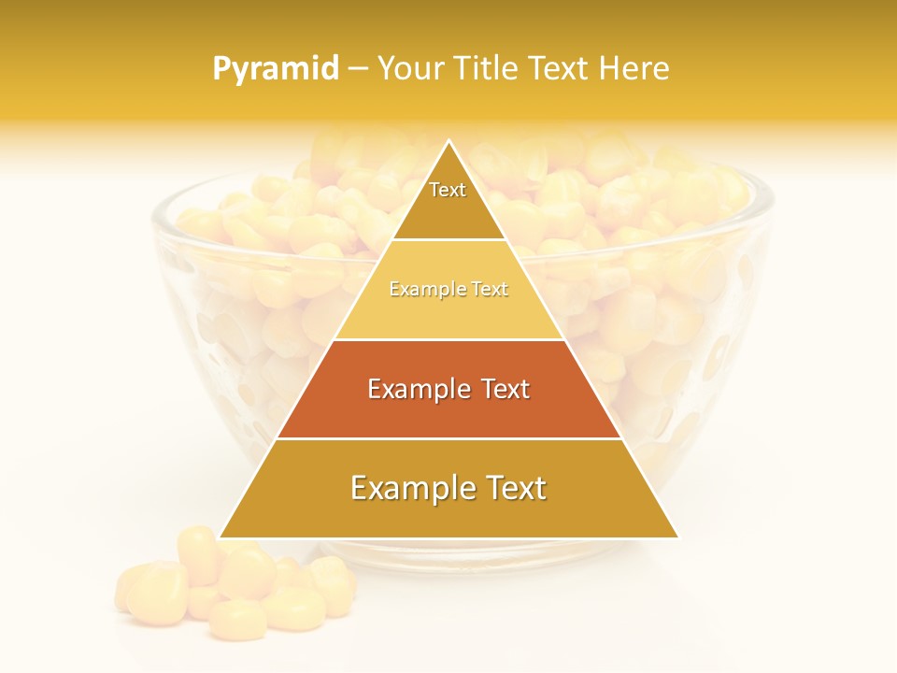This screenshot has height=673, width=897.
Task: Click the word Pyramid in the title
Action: click(276, 69)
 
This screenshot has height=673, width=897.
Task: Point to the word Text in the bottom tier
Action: click(512, 488)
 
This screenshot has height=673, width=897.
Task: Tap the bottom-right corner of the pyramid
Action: click(677, 537)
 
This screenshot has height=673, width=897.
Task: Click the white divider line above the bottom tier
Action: click(448, 438)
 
